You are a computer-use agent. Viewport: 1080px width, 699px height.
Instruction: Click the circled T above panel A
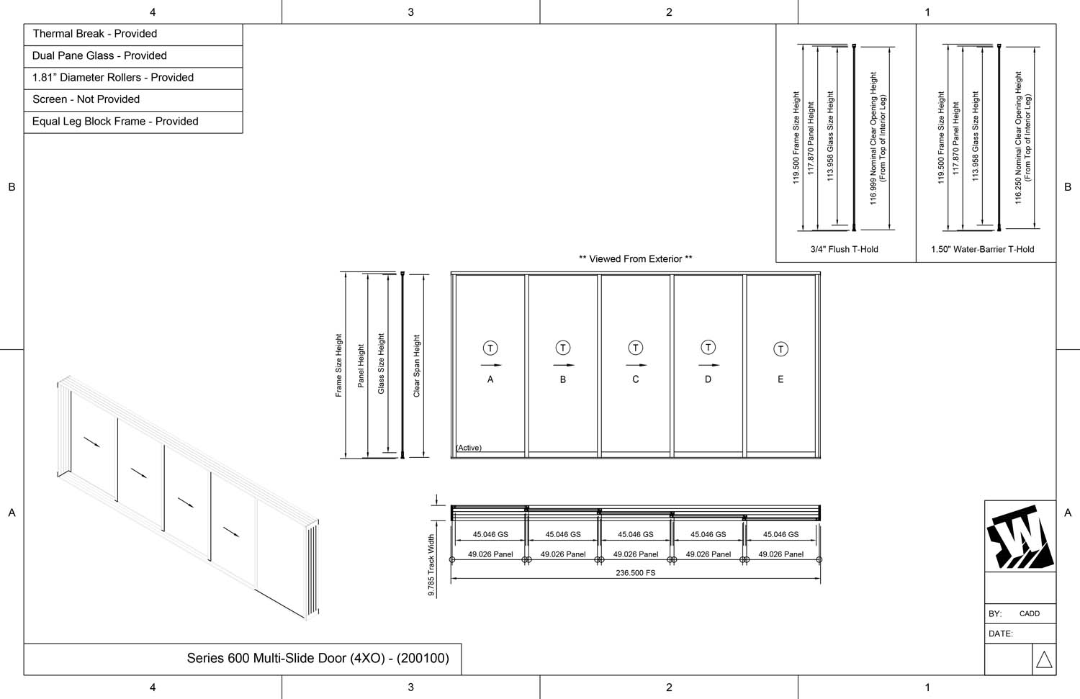pyautogui.click(x=490, y=348)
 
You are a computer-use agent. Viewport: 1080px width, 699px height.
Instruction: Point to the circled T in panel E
pyautogui.click(x=780, y=349)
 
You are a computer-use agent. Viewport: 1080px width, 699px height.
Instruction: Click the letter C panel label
pyautogui.click(x=635, y=379)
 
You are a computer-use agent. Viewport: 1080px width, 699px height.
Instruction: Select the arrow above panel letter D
pyautogui.click(x=708, y=365)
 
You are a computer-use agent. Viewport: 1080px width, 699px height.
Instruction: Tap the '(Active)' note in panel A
pyautogui.click(x=469, y=448)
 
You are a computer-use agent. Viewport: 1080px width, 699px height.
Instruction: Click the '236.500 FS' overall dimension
pyautogui.click(x=635, y=573)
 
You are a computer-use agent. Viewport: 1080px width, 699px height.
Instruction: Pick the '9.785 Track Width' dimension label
pyautogui.click(x=431, y=565)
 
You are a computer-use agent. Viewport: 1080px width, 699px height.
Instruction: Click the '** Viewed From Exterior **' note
pyautogui.click(x=635, y=259)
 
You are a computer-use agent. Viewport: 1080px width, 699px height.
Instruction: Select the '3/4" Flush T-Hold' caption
pyautogui.click(x=844, y=250)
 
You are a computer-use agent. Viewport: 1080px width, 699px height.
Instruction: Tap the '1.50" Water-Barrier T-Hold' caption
pyautogui.click(x=982, y=250)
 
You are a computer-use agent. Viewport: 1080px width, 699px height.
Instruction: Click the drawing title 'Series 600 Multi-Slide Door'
pyautogui.click(x=318, y=658)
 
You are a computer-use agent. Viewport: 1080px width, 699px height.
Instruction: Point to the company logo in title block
pyautogui.click(x=1020, y=537)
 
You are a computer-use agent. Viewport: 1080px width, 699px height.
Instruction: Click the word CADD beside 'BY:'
pyautogui.click(x=1029, y=614)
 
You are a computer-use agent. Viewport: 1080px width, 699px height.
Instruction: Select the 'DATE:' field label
pyautogui.click(x=1000, y=634)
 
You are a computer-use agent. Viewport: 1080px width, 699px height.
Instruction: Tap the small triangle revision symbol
pyautogui.click(x=1044, y=659)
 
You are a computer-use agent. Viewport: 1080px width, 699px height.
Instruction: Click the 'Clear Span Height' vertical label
pyautogui.click(x=416, y=366)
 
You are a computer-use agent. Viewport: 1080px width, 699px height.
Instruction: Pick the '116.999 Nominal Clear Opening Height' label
pyautogui.click(x=873, y=138)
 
